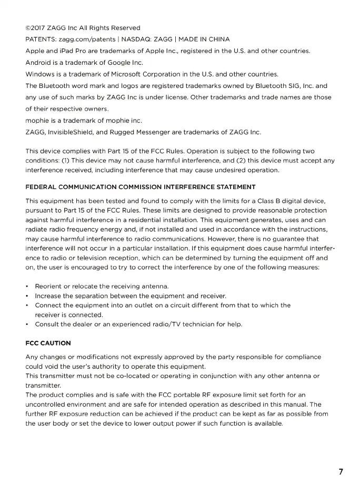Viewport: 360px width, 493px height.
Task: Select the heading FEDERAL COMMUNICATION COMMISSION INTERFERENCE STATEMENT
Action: click(141, 187)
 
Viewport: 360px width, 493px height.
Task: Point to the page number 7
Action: click(341, 471)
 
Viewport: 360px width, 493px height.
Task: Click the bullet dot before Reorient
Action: click(27, 287)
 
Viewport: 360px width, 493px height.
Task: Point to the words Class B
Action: click(270, 201)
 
